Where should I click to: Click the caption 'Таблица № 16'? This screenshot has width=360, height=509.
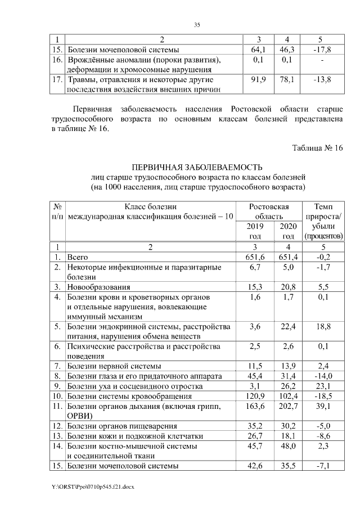[x=317, y=148]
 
